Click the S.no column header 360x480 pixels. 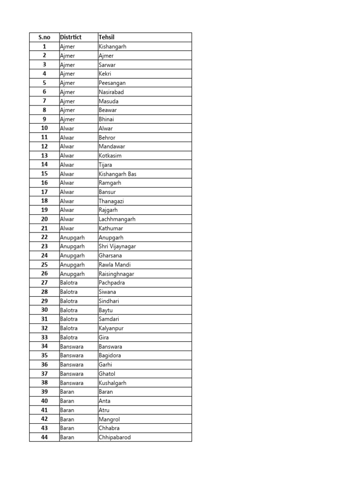(x=44, y=37)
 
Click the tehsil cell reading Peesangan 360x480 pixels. (x=112, y=83)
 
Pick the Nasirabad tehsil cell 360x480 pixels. (x=111, y=92)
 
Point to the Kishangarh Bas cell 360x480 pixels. (x=118, y=174)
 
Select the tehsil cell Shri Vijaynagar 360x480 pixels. (x=117, y=247)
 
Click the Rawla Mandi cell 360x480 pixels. (x=115, y=265)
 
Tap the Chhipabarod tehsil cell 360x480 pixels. (x=115, y=437)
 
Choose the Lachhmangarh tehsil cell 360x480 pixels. (x=117, y=219)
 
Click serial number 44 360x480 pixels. (x=45, y=437)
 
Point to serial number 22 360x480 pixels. (x=45, y=238)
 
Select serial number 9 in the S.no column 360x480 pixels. (x=45, y=120)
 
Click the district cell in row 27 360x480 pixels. (x=69, y=283)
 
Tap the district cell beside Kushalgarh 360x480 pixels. (x=72, y=383)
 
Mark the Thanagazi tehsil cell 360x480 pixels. (x=111, y=201)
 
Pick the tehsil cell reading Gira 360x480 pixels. (x=104, y=337)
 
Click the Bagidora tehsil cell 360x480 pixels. (x=110, y=356)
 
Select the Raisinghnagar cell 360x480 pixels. (x=116, y=274)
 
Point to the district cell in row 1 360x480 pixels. (x=67, y=47)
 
